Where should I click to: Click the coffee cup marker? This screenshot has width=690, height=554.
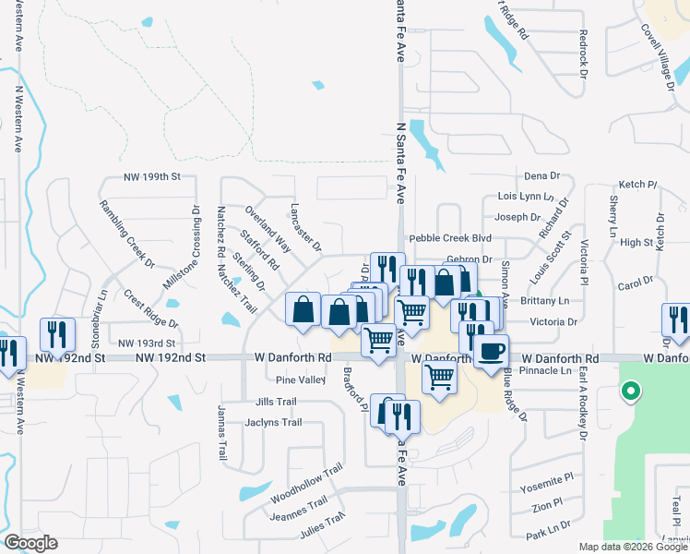[491, 351]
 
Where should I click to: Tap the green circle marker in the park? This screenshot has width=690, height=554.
[630, 391]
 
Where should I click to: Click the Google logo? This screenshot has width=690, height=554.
[30, 543]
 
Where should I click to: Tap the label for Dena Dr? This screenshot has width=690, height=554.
[541, 175]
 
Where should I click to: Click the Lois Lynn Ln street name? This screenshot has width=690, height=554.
[524, 197]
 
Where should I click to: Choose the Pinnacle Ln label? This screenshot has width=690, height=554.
[546, 370]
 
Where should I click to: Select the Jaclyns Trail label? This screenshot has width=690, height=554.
[274, 423]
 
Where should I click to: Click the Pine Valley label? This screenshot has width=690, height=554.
[301, 379]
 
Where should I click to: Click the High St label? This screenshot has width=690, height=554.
[636, 243]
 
